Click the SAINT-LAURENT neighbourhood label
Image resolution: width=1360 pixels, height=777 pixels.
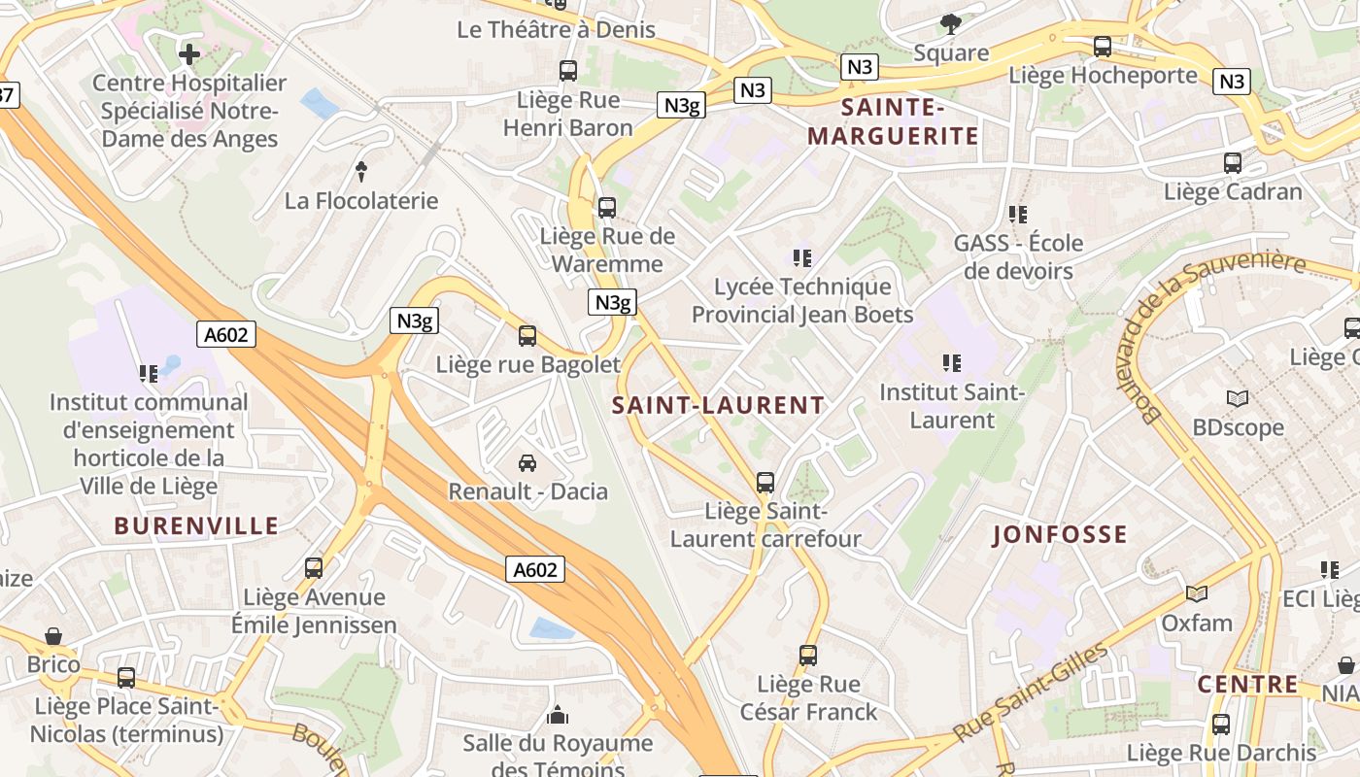coord(718,406)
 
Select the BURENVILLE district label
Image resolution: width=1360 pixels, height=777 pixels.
coord(196,526)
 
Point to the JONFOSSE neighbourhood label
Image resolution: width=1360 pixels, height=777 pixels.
coord(1060,534)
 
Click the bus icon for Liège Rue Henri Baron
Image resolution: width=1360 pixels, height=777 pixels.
coord(568,71)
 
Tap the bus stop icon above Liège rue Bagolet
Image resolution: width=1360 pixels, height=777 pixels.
coord(527,336)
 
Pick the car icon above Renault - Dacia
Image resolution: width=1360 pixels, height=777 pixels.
coord(527,463)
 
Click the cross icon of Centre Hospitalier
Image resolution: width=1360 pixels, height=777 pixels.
coord(189,53)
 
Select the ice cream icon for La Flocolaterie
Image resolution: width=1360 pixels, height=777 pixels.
coord(361,172)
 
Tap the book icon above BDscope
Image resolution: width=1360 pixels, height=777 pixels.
coord(1238,398)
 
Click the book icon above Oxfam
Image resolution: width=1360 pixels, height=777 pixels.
coord(1197,593)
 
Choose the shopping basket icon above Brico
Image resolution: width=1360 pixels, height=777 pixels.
coord(53,636)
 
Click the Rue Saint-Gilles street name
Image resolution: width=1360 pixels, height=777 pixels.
coord(1031,693)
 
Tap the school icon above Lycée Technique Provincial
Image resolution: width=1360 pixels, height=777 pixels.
coord(802,257)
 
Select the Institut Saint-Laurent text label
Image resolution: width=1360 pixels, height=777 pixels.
coord(952,406)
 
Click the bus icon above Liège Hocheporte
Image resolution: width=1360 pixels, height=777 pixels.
coord(1103,46)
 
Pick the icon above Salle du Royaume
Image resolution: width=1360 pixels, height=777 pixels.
coord(558,715)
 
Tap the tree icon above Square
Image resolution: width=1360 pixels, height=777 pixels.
coord(951,23)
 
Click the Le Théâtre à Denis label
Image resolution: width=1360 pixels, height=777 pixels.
coord(557,29)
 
